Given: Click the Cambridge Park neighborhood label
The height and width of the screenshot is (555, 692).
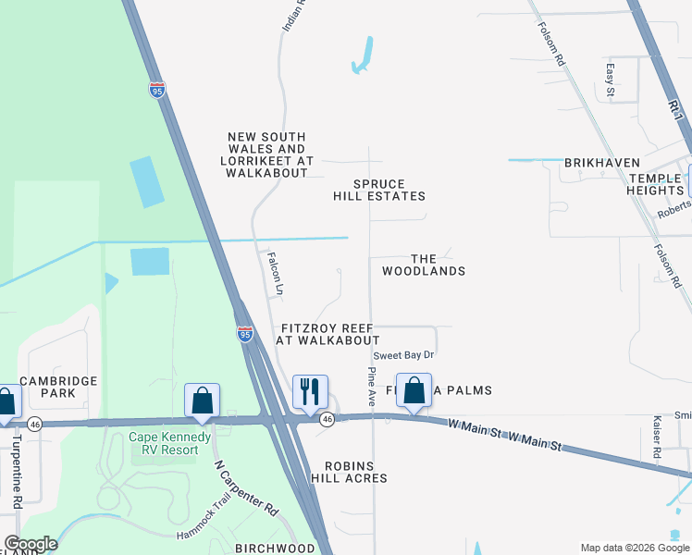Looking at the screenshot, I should pos(59,387).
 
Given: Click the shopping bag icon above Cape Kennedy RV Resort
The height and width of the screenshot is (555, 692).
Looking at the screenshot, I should pos(202,401).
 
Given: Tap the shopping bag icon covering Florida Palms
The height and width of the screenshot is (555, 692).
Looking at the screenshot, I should pos(414,389).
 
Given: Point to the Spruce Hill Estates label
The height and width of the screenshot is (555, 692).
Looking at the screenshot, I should pos(379,190).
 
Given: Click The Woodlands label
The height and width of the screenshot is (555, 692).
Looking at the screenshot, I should pos(424,265).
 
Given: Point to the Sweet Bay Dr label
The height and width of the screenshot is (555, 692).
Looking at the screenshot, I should pos(403,355).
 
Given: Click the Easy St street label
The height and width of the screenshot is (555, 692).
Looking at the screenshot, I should pos(610,80).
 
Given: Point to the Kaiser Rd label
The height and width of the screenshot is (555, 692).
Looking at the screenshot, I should pos(657,437).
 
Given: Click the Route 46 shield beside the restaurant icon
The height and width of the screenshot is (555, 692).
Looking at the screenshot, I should pos(327,420).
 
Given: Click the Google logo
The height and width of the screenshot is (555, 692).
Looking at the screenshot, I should pos(31,544).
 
